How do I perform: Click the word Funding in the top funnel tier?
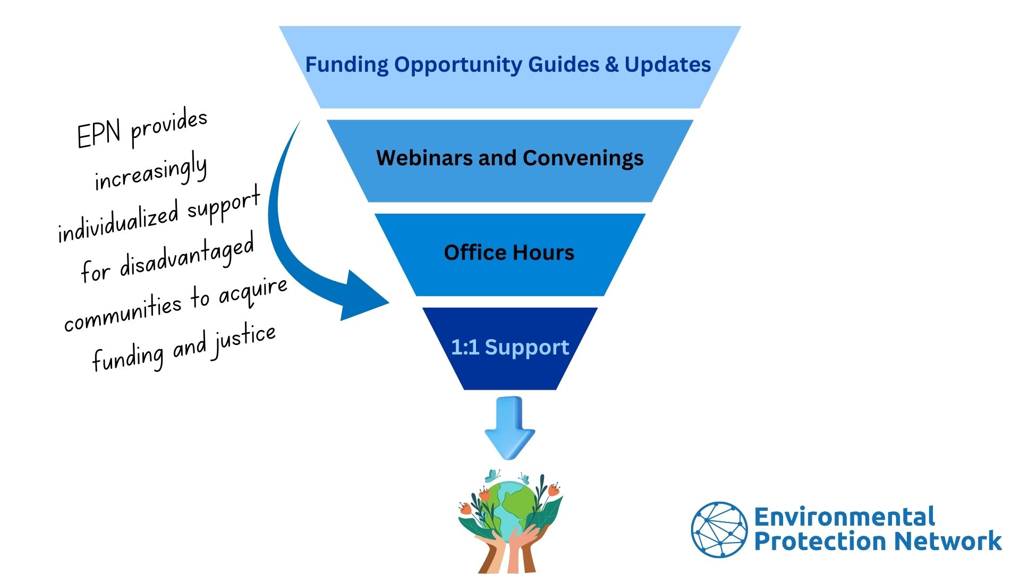pos(347,65)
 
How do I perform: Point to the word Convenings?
pos(583,158)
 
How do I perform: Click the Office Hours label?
pos(509,252)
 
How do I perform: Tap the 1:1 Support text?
pos(510,347)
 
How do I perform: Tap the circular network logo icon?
pos(719,529)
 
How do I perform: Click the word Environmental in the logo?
pos(844,517)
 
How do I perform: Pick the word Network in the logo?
pos(948,541)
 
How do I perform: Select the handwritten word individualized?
pos(118,221)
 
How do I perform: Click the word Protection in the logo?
pos(821,541)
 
